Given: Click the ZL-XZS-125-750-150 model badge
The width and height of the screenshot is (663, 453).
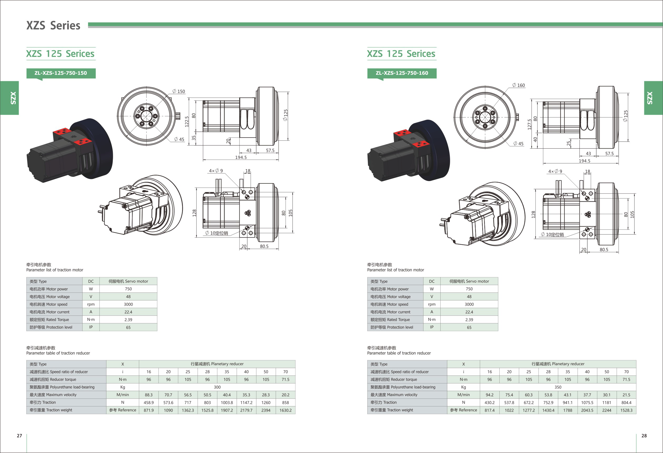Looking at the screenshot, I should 61,73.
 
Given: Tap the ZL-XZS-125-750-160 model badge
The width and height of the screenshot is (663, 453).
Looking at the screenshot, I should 402,73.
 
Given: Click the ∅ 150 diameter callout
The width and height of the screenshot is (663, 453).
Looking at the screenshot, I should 179,91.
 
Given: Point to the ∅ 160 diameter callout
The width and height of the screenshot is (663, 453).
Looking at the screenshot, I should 518,85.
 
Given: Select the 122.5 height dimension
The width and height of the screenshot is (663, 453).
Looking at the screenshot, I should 187,121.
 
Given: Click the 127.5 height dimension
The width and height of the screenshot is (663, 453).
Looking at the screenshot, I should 529,124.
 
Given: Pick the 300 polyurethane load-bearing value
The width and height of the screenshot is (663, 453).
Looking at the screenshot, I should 217,387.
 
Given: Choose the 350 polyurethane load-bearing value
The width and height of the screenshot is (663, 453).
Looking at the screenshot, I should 558,387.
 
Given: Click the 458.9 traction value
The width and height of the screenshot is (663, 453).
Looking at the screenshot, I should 149,402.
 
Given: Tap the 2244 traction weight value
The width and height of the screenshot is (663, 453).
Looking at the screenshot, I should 607,410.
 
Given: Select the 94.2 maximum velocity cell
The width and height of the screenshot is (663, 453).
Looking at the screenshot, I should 490,395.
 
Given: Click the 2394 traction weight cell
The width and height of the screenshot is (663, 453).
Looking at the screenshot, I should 266,410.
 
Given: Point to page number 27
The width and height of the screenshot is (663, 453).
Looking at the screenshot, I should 19,436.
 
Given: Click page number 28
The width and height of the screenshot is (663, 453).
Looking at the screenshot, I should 644,436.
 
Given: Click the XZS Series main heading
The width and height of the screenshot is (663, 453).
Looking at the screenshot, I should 53,26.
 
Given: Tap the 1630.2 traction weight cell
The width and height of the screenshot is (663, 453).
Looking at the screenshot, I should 285,410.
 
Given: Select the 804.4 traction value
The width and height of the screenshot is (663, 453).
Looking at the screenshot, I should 626,402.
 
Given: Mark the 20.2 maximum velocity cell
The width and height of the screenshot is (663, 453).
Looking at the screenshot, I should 285,395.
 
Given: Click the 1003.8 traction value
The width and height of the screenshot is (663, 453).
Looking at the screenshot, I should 227,402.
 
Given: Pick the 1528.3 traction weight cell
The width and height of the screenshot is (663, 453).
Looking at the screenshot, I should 626,410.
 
